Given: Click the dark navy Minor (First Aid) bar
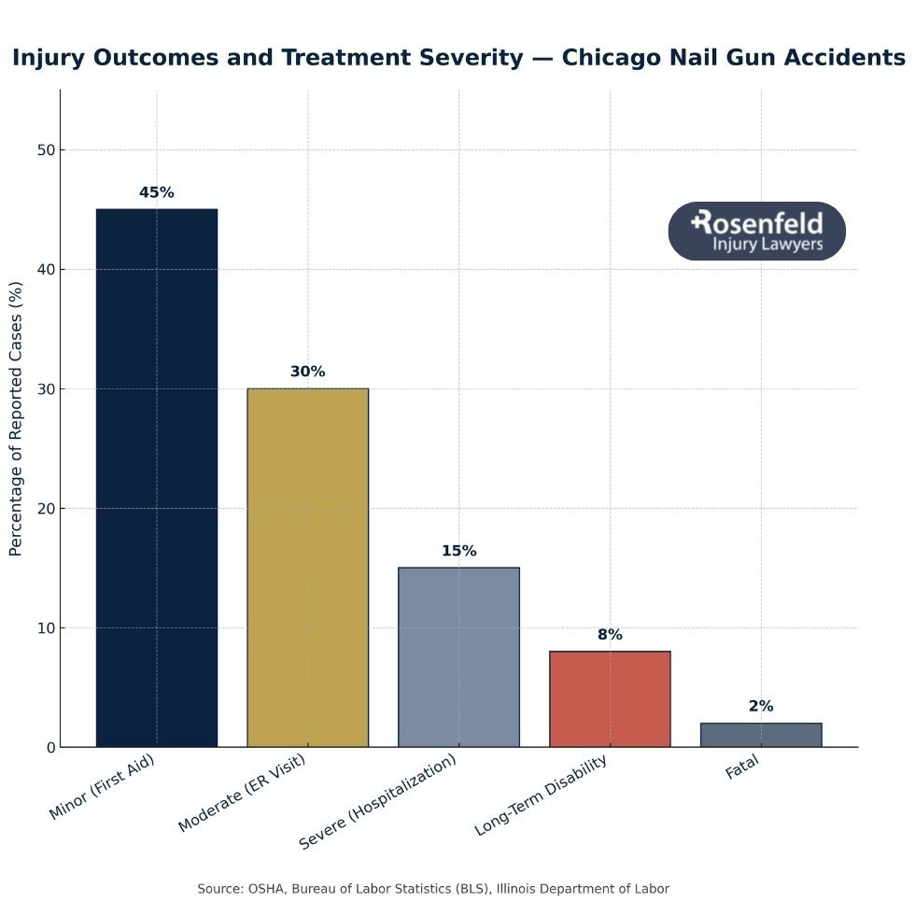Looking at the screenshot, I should point(157,478).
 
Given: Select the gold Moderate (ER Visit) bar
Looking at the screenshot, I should point(308,568).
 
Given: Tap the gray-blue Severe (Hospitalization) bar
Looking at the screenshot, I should point(458,657).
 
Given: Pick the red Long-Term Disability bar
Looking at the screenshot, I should point(610,699).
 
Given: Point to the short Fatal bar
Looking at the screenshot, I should point(761,735).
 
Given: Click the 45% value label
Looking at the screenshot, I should point(157,192).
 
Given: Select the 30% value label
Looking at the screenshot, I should point(308,372).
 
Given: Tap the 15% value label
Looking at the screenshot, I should point(458,551).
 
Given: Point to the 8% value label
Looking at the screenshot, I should point(610,635).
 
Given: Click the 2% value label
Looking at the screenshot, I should point(761,707).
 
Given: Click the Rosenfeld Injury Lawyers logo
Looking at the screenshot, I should point(757,232).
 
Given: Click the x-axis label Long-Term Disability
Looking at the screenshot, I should point(542,795).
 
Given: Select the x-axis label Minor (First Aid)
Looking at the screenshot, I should point(101,787).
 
